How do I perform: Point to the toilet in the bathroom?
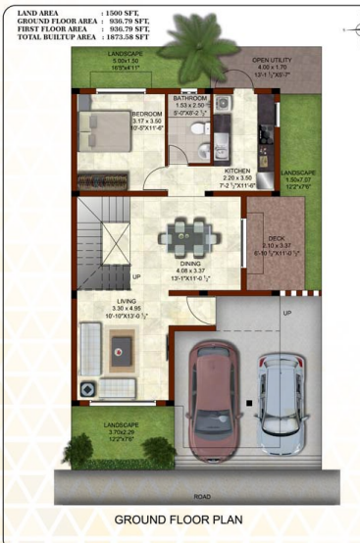[x=202, y=149]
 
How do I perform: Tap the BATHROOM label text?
[x=191, y=99]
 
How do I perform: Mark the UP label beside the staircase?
[x=135, y=276]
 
